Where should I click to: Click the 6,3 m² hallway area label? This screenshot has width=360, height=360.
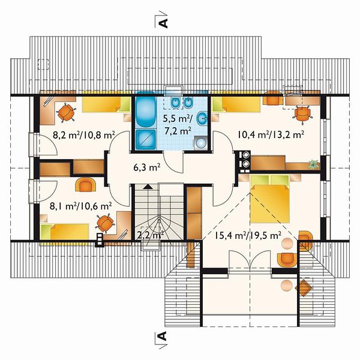(x=147, y=167)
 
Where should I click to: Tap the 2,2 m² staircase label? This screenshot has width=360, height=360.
(x=151, y=235)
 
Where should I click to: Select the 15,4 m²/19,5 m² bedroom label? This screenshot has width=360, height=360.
(x=248, y=235)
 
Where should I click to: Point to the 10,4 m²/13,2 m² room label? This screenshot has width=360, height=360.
(x=271, y=135)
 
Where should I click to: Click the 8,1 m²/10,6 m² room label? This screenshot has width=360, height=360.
(x=80, y=206)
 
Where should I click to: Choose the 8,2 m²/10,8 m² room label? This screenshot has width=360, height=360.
(x=84, y=135)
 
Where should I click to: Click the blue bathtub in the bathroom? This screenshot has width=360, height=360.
(x=145, y=109)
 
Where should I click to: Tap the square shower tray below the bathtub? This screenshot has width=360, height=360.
(x=146, y=140)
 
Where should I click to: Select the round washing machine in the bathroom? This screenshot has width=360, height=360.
(x=201, y=143)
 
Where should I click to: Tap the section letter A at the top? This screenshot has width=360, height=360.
(x=163, y=23)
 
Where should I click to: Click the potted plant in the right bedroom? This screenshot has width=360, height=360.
(x=313, y=164)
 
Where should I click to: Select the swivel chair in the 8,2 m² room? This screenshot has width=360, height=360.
(x=66, y=113)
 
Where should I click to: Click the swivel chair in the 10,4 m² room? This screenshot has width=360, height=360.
(x=302, y=115)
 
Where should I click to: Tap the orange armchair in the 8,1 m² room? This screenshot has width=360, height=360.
(x=86, y=184)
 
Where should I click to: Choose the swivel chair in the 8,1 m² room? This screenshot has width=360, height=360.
(x=105, y=223)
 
